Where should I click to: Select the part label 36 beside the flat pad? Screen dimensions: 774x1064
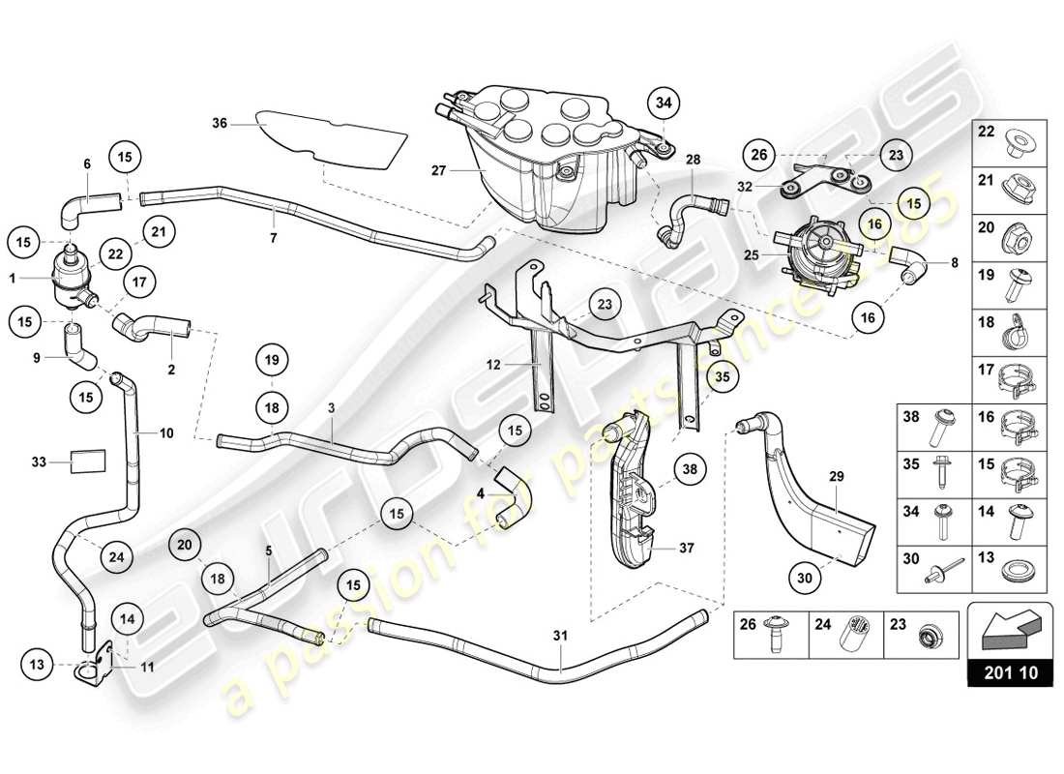click(220, 123)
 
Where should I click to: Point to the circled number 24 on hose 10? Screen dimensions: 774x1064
click(116, 556)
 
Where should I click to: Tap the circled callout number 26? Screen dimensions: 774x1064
click(758, 153)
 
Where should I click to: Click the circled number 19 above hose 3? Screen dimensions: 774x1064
click(272, 361)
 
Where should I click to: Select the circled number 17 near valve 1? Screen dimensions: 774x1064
click(139, 283)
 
